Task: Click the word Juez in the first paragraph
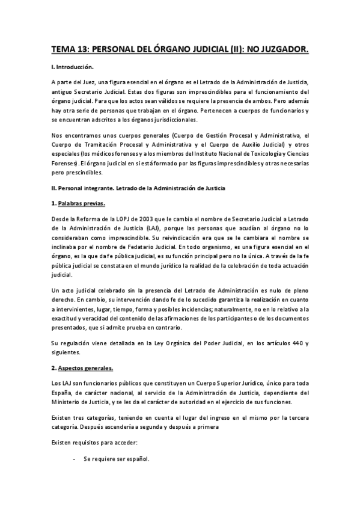coord(87,81)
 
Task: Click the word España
coord(62,392)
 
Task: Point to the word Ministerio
coord(68,402)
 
